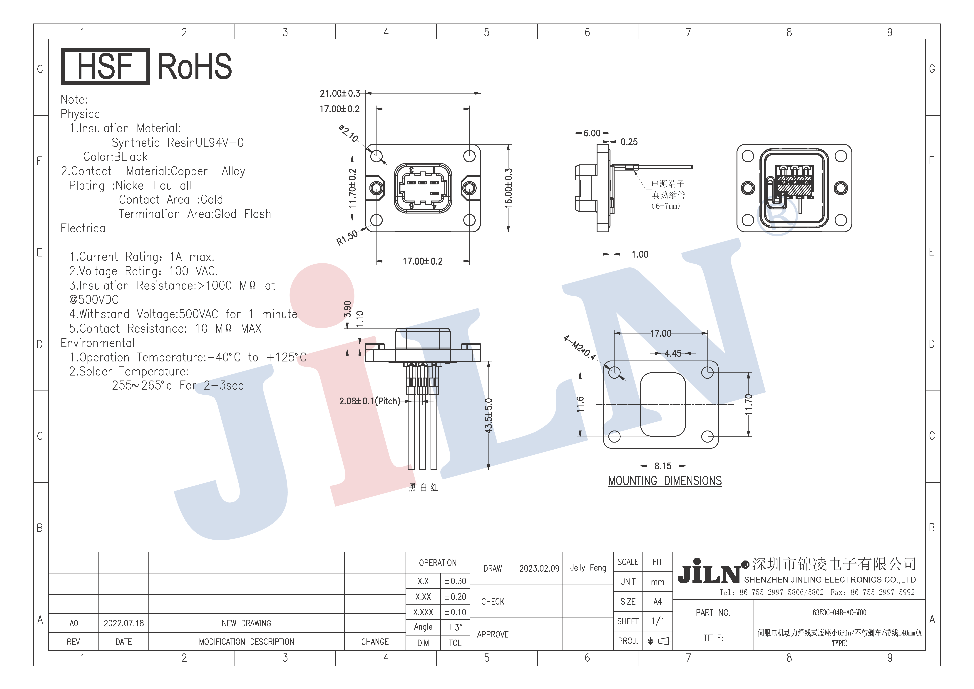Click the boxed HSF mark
106,67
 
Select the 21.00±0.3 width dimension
340,93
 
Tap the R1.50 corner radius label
347,238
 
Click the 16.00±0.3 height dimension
509,188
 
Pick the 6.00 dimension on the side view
592,133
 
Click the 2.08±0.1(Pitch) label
369,401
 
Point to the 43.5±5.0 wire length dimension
489,416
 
